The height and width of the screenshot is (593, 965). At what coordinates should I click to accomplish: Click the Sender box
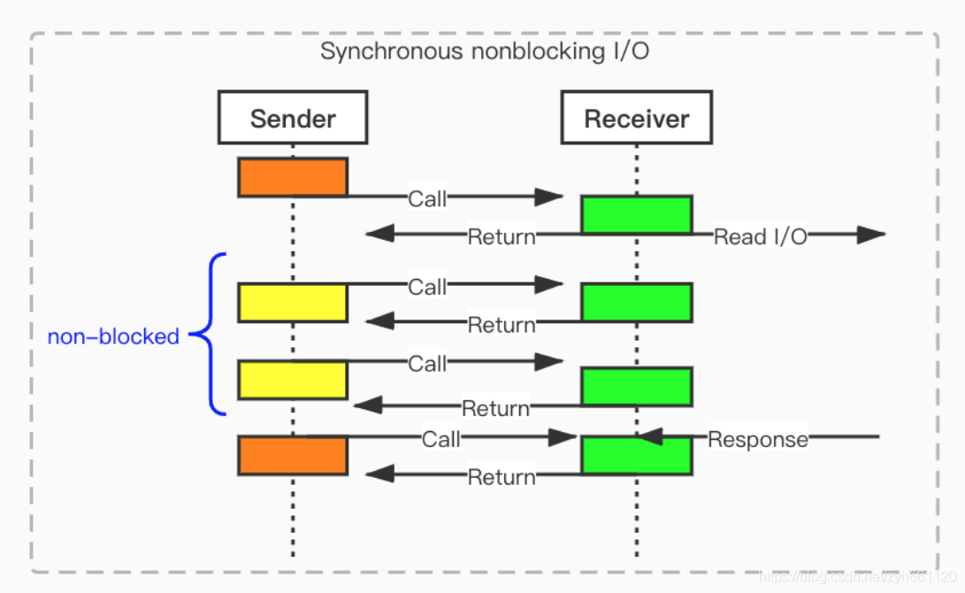293,119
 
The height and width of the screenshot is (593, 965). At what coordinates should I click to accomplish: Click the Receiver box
636,119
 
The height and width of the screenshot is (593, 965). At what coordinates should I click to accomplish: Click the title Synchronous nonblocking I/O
484,51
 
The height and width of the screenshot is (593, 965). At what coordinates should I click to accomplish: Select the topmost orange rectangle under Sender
293,177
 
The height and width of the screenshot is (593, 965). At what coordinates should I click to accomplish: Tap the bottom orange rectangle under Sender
293,455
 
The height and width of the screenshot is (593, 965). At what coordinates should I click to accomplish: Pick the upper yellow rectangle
293,303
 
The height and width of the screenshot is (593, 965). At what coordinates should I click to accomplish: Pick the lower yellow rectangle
293,380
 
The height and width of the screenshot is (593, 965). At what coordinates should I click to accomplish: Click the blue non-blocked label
113,336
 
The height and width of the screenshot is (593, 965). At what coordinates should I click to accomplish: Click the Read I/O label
760,236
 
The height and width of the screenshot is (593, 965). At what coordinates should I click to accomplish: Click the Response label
758,439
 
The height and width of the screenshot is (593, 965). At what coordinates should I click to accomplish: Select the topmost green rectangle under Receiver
636,215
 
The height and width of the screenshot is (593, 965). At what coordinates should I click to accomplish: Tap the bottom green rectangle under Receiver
636,455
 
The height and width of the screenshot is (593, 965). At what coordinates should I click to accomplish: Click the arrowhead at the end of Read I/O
871,235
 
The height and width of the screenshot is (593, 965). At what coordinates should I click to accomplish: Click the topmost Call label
427,199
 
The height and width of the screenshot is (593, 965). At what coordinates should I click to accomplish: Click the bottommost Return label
502,477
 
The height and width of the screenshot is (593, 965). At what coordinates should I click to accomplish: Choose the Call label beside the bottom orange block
440,439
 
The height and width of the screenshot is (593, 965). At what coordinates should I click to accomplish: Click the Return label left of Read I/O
502,236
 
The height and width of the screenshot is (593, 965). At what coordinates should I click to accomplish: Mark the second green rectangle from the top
636,303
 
